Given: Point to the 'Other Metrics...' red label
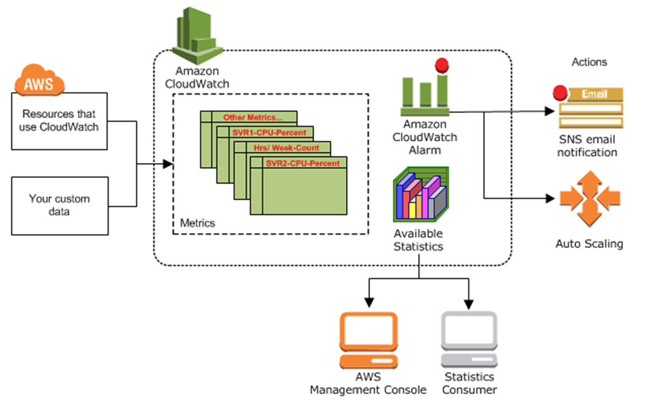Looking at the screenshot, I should tap(253, 118).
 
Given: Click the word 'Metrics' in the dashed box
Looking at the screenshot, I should tap(197, 223).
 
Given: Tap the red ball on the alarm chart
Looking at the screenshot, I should tap(443, 65).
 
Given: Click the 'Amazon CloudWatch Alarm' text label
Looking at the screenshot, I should tap(425, 137).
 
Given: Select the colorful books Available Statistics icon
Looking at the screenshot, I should tap(421, 195).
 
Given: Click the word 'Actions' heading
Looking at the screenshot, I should tap(588, 62).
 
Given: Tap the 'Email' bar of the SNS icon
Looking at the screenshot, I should tap(594, 94).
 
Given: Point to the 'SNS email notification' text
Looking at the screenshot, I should tap(588, 147).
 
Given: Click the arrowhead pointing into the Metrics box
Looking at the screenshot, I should tap(168, 165).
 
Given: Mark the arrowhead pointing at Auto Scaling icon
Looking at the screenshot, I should tap(548, 197).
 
